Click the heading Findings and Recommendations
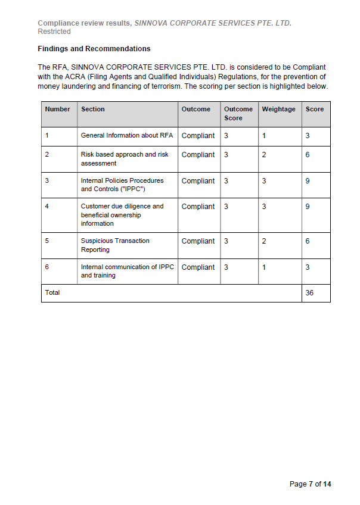94,48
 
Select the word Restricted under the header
54,32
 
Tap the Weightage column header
278,110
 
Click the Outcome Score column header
238,114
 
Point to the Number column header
57,110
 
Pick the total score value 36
309,293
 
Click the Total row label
52,293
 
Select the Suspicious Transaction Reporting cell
115,245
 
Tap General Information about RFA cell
127,136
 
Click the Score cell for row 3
308,181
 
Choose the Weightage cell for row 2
264,155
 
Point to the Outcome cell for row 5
198,241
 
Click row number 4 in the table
47,207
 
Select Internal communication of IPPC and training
127,272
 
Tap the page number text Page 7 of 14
309,484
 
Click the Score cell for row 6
308,267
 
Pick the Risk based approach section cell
125,159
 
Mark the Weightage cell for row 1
264,136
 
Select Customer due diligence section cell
122,215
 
